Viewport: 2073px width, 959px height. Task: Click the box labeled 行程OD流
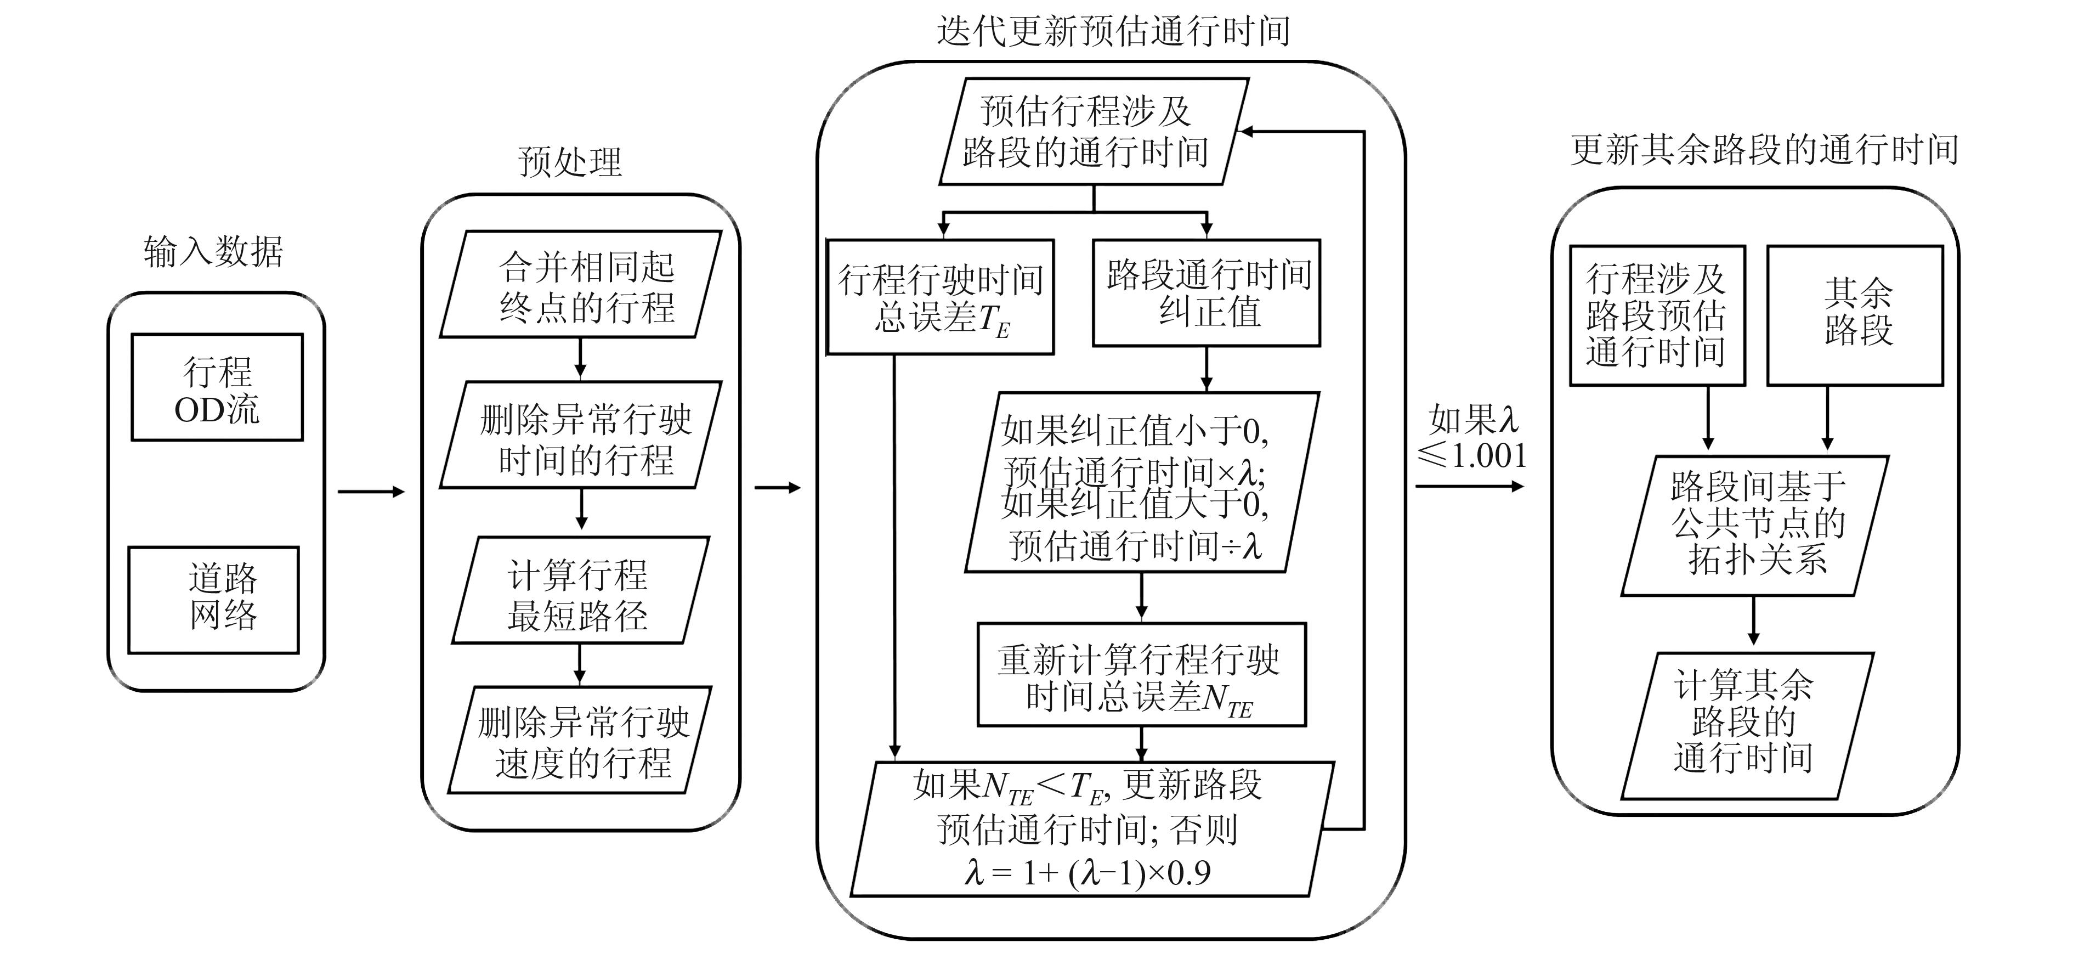coord(217,388)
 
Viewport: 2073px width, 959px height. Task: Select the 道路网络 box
coord(214,600)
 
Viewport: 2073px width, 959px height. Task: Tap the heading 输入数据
coord(213,252)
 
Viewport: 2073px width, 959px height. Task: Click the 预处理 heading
coord(570,162)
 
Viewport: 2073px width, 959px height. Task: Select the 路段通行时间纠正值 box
coord(1207,293)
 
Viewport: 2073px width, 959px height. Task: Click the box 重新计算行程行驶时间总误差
coord(1141,675)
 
